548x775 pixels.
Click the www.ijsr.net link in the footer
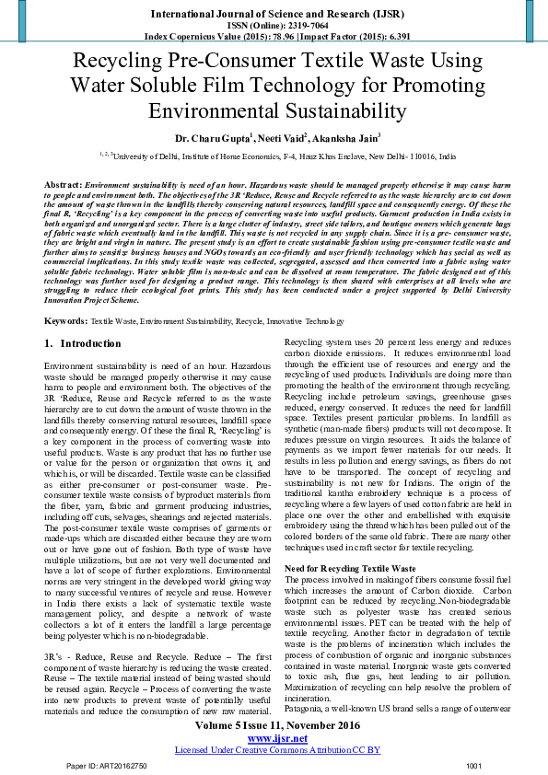[274, 738]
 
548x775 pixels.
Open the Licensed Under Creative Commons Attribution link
[274, 750]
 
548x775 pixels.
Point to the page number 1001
[474, 766]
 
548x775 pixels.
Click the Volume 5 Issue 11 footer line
[274, 725]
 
